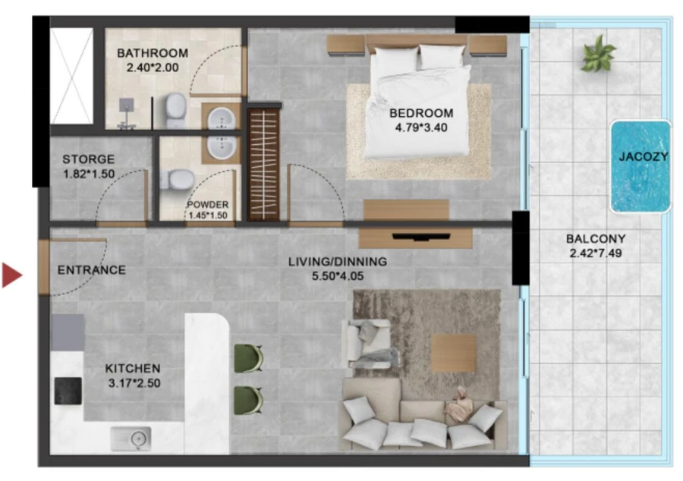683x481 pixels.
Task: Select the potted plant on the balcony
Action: [598, 55]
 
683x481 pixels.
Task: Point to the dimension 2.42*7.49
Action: [596, 253]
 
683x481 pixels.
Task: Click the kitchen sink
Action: [131, 438]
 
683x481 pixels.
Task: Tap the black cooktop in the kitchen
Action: [68, 390]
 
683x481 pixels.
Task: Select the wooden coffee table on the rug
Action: [454, 353]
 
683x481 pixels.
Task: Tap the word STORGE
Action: [88, 159]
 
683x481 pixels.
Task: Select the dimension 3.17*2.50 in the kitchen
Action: [134, 383]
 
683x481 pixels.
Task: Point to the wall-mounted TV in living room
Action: [416, 236]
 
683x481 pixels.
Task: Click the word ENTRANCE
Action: [92, 270]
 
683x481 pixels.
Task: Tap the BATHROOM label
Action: [152, 53]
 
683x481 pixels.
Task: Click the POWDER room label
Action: [208, 205]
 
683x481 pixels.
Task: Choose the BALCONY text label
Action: [596, 239]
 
